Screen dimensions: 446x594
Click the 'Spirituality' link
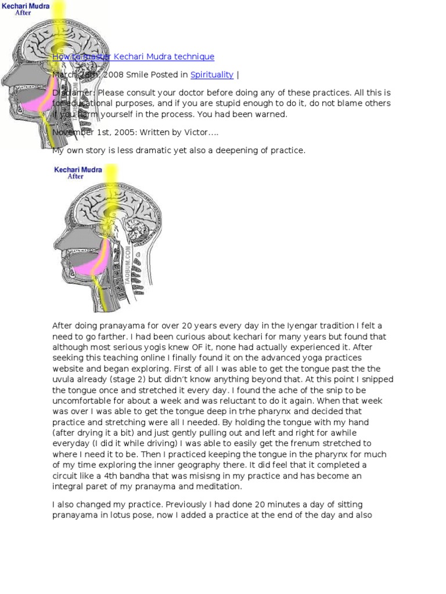[x=212, y=75]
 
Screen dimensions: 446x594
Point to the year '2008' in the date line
[x=113, y=75]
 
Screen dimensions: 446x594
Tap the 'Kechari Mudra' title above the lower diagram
[x=78, y=170]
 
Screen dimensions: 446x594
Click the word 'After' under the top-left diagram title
[x=23, y=12]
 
